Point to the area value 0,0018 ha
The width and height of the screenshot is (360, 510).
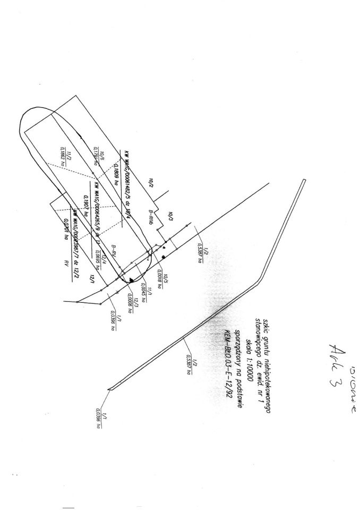pyautogui.click(x=160, y=278)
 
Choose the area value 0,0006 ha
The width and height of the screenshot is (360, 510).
pyautogui.click(x=130, y=307)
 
